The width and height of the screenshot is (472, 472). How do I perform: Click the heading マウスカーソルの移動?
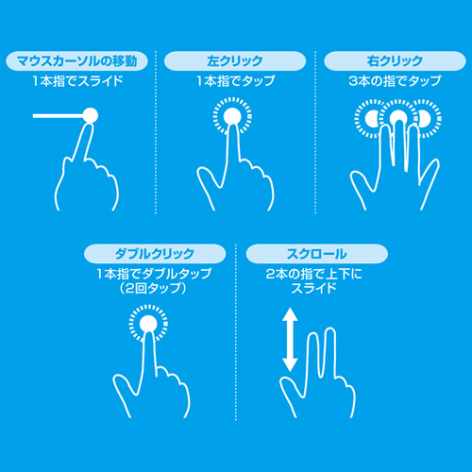tap(77, 61)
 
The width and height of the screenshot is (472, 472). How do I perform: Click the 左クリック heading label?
tap(235, 61)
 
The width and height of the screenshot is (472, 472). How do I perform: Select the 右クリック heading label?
tap(393, 61)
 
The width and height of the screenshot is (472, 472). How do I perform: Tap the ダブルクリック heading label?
tap(154, 254)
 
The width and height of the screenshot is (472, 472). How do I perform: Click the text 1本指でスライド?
tap(77, 82)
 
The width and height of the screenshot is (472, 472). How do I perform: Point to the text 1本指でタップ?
tap(235, 82)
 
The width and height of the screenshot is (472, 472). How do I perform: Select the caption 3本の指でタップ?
tap(393, 82)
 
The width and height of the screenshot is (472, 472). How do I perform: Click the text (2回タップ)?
tap(154, 289)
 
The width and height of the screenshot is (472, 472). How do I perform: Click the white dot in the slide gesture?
tap(91, 116)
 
